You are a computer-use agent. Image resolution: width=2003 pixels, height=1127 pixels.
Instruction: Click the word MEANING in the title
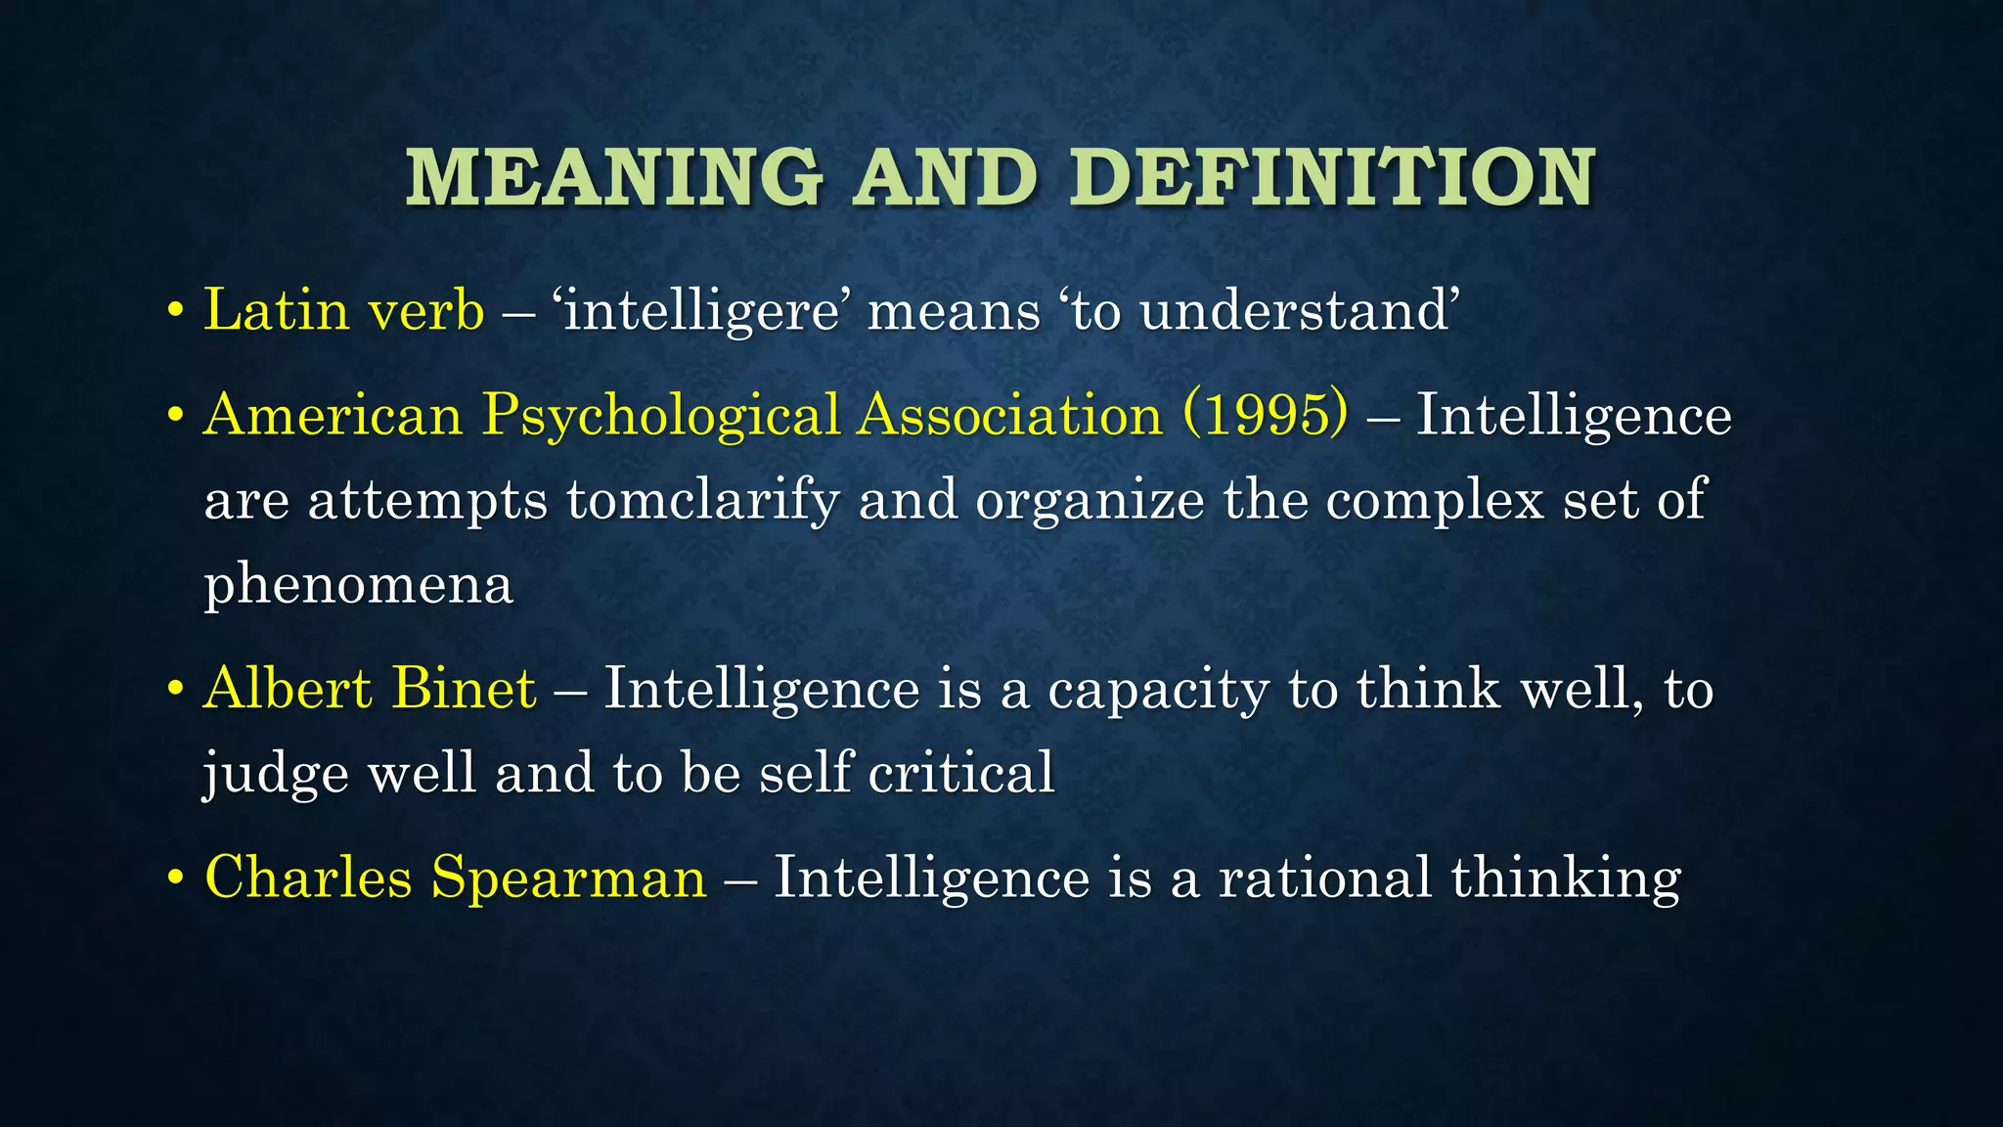[614, 178]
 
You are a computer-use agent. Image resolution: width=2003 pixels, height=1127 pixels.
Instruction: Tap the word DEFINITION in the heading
[1332, 178]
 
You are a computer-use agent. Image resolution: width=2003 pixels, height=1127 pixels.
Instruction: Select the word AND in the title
[945, 178]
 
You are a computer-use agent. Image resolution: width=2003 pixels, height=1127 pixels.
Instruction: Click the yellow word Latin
[276, 310]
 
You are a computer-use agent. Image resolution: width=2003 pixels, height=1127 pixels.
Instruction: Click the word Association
[1010, 415]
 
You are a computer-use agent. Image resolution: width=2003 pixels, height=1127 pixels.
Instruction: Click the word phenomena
[358, 586]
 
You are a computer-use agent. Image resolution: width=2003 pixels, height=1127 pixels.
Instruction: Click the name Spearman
[568, 878]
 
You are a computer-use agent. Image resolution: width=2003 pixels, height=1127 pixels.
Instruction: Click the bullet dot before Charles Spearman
[176, 879]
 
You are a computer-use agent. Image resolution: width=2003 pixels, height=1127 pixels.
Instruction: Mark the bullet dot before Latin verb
[176, 312]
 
